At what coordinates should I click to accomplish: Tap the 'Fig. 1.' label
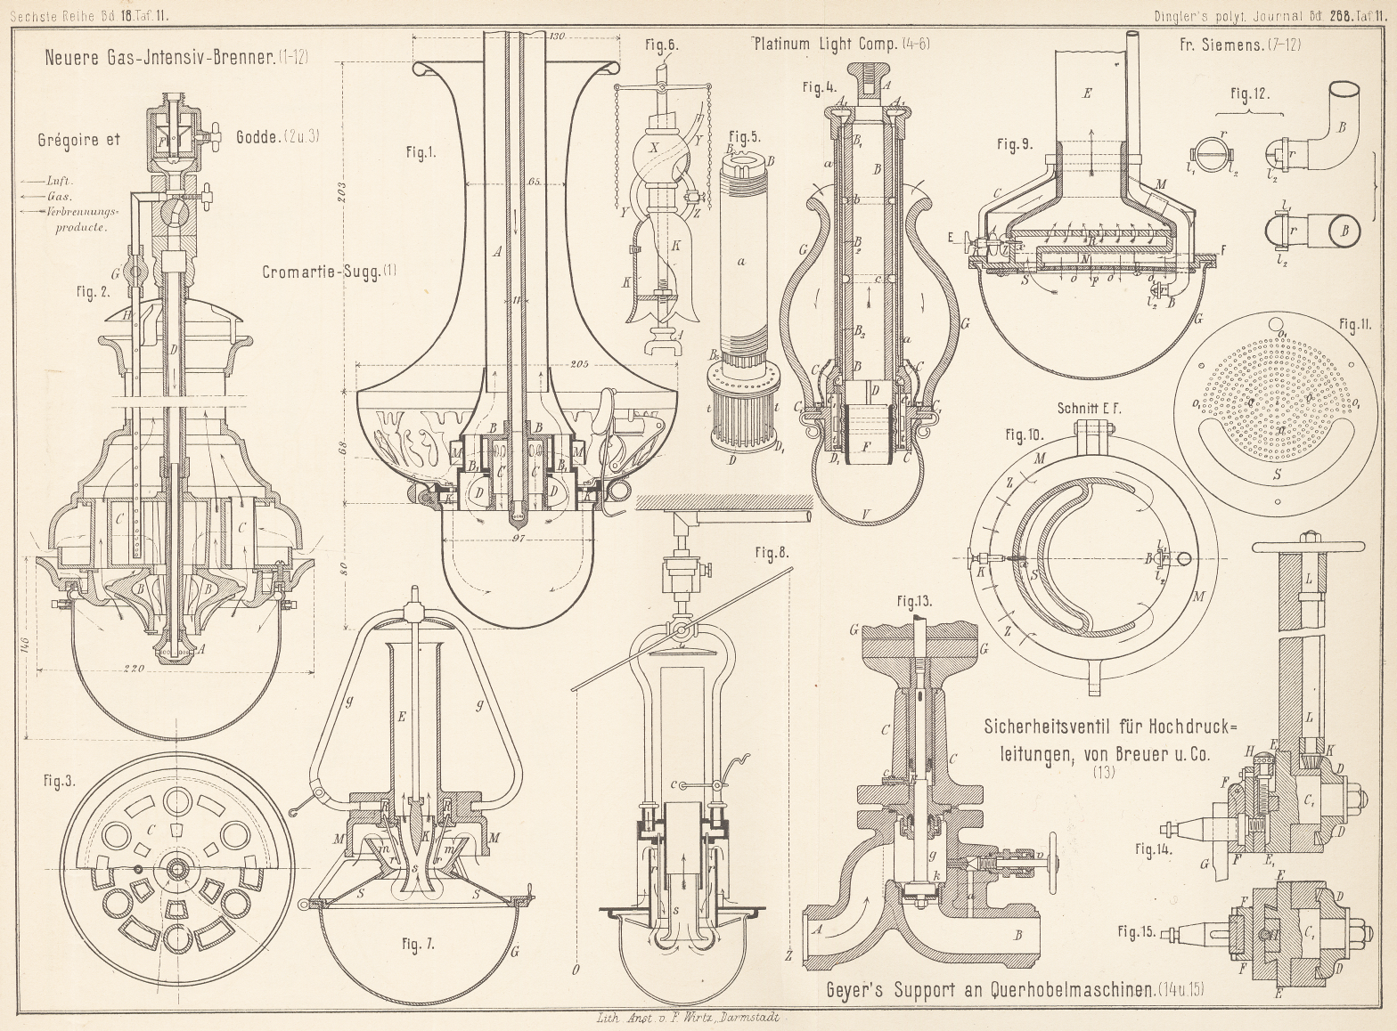pos(421,152)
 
